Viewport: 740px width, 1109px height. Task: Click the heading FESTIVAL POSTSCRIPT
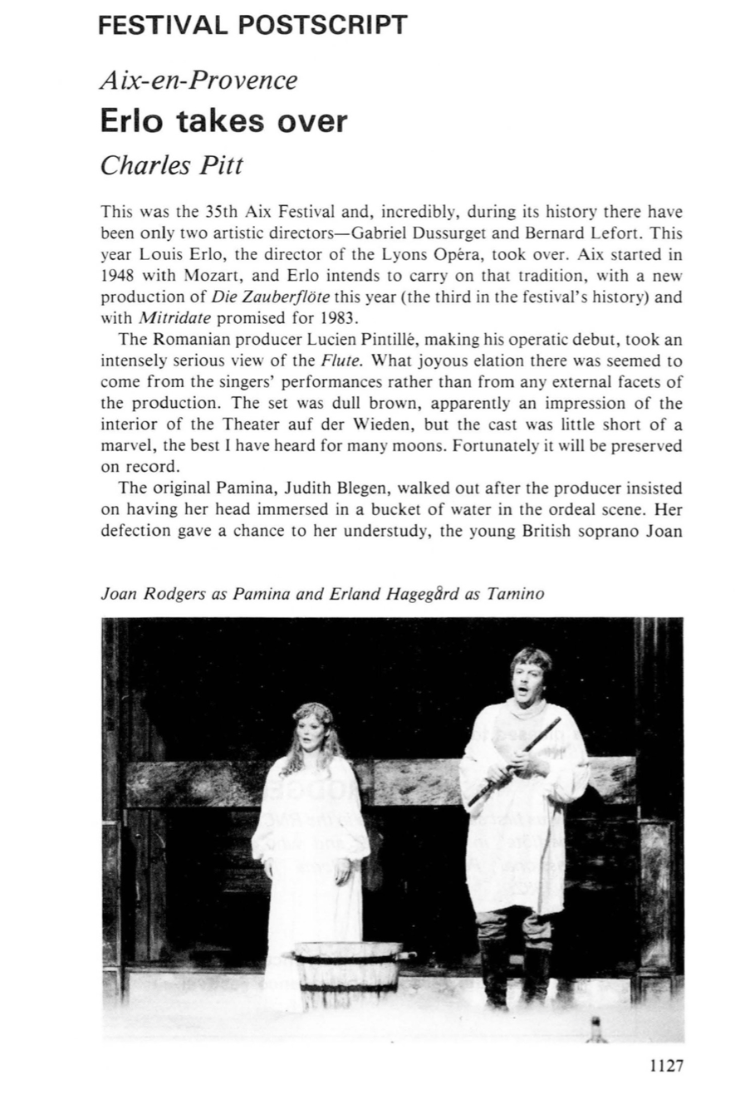tap(253, 25)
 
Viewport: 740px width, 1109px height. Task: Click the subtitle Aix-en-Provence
tap(198, 81)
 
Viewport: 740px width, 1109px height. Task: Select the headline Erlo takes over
tap(223, 121)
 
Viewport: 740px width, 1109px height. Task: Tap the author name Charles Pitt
tap(172, 165)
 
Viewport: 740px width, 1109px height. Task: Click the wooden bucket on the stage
tap(349, 969)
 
